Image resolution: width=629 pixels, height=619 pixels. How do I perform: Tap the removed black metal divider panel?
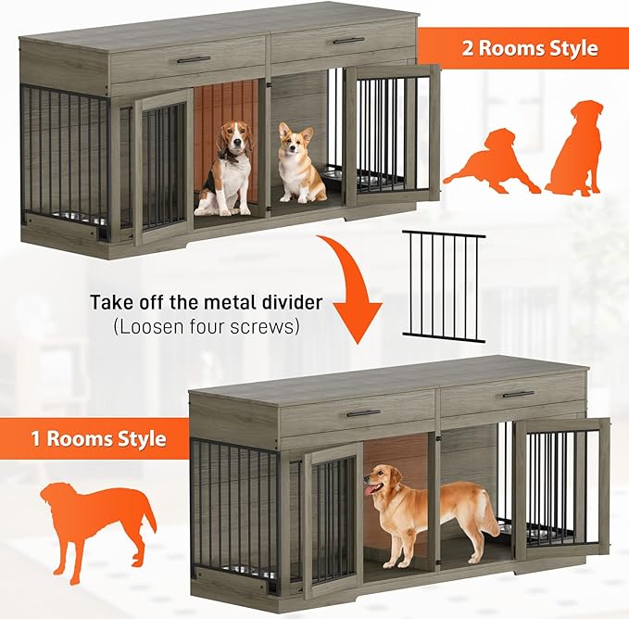(x=444, y=286)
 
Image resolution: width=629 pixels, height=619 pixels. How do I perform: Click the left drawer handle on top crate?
(x=193, y=59)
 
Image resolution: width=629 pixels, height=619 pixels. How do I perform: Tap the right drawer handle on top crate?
(x=348, y=41)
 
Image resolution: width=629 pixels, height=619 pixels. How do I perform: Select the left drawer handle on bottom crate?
(x=363, y=412)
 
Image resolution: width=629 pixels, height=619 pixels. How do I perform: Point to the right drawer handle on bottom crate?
(x=518, y=394)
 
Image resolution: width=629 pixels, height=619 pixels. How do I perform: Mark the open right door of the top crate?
(x=389, y=135)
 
